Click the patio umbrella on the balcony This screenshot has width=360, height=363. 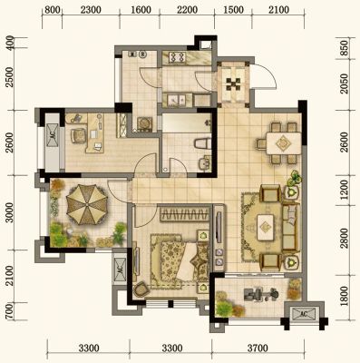87,204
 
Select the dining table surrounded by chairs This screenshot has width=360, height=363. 284,142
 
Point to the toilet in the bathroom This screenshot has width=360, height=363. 202,143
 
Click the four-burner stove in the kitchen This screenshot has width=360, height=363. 177,57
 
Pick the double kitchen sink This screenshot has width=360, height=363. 174,100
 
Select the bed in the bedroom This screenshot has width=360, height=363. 180,260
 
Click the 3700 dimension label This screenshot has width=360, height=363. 258,348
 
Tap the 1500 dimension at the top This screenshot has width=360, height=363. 234,10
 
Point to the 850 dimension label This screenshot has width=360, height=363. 345,47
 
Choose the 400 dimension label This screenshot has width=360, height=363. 10,43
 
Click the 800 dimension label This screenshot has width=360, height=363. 52,10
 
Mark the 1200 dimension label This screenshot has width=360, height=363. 345,190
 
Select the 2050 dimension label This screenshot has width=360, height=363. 345,83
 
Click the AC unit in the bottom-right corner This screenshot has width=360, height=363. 304,314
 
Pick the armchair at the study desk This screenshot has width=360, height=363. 79,135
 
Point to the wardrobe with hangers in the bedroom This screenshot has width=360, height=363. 184,214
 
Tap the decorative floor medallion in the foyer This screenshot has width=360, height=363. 234,84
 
